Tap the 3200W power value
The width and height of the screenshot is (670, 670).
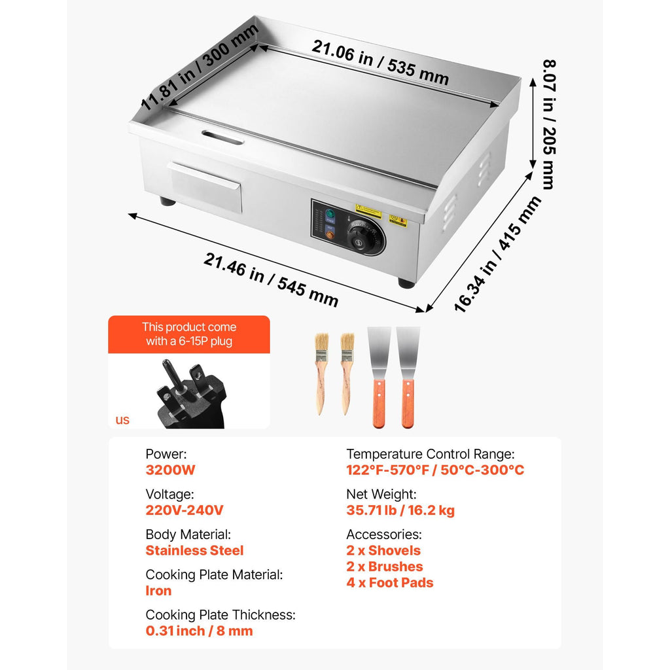coord(170,470)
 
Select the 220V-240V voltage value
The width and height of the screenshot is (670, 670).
coord(184,510)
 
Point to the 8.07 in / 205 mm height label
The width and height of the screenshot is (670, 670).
coord(550,124)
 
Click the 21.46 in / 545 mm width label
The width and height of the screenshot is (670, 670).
coord(271,279)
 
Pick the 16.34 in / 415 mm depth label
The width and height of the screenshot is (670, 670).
coord(497,255)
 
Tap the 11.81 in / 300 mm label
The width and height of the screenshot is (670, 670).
coord(200,66)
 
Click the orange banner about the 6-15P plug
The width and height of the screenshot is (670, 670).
coord(189,334)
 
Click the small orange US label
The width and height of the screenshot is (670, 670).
coord(122,420)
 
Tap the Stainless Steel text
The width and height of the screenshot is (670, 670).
coord(194,550)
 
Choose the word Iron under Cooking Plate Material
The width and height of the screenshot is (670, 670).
coord(158,591)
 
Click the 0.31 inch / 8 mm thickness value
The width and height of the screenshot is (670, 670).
coord(199,631)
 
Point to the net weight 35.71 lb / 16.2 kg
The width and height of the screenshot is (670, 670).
coord(400,510)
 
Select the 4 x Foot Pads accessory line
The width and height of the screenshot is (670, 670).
coord(390,582)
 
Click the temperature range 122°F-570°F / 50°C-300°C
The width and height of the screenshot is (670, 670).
coord(435,470)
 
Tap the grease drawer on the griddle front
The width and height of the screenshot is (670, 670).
coord(205,186)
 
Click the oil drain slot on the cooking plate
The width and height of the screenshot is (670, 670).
coord(222,137)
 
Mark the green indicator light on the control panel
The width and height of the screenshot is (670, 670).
coord(330,214)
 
